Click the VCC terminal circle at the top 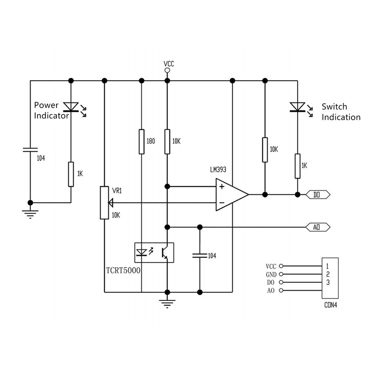coord(167,70)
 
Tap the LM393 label coord(218,170)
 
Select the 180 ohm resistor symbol coord(141,142)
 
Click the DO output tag coord(318,195)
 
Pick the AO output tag coord(318,227)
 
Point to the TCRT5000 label coord(123,270)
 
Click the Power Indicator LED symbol coord(71,107)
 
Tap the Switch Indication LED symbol coord(297,107)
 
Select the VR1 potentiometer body coord(104,203)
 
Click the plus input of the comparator coord(222,187)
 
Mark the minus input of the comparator coord(222,203)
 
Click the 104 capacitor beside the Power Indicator coord(30,150)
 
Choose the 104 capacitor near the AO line coord(200,256)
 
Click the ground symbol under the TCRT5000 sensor coord(167,304)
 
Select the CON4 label coord(331,305)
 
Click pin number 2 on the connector coord(328,274)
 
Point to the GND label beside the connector coord(271,275)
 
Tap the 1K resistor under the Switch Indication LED coord(297,166)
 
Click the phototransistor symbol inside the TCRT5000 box coord(165,253)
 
